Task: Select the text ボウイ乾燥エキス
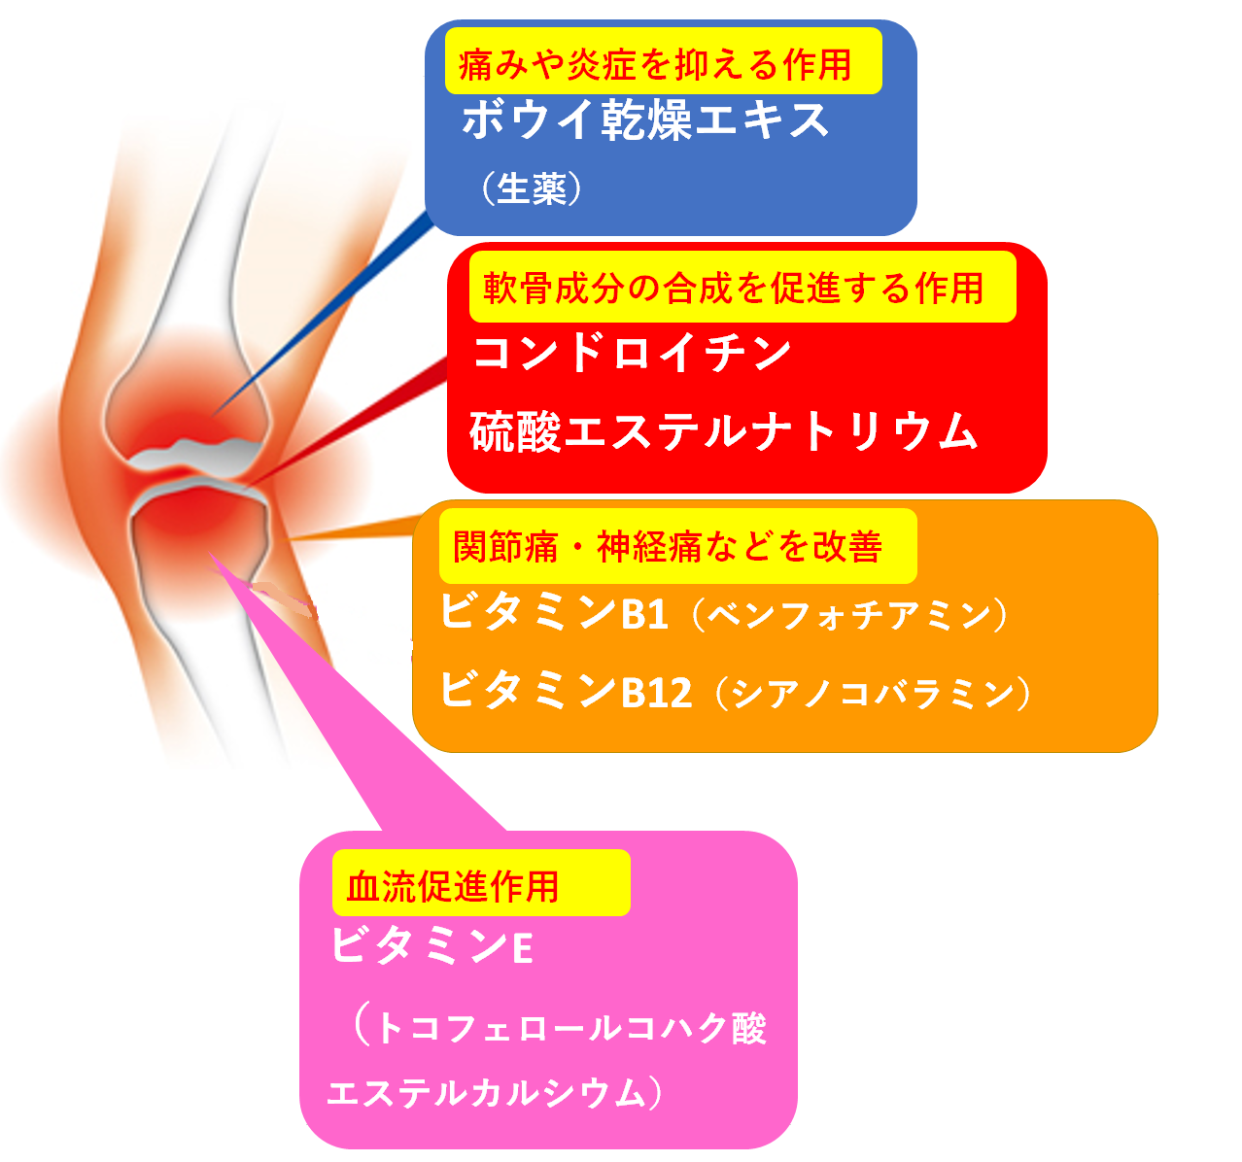pyautogui.click(x=645, y=120)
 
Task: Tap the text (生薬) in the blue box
pyautogui.click(x=531, y=188)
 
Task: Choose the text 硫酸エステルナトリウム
pyautogui.click(x=724, y=431)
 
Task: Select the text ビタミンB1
pyautogui.click(x=554, y=612)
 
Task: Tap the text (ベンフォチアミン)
pyautogui.click(x=849, y=615)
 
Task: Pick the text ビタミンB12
pyautogui.click(x=566, y=690)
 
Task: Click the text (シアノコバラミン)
pyautogui.click(x=873, y=693)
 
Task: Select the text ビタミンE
pyautogui.click(x=431, y=945)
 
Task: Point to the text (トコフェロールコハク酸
pyautogui.click(x=559, y=1028)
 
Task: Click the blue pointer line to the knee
pyautogui.click(x=322, y=314)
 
